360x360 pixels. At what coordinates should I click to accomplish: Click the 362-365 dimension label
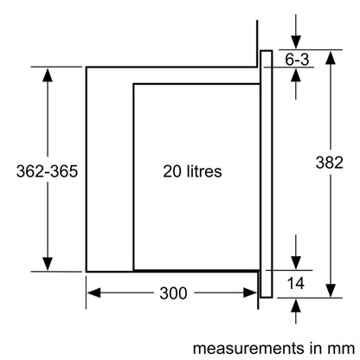(47, 171)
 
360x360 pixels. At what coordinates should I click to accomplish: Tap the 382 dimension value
(330, 163)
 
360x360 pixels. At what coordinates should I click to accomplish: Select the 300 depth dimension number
(173, 293)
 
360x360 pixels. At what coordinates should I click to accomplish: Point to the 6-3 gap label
(297, 60)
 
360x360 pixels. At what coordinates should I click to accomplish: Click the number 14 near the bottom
(296, 283)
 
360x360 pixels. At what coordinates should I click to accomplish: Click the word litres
(204, 171)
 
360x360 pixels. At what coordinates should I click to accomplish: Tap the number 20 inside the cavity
(172, 171)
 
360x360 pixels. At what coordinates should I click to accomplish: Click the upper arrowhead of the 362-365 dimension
(48, 75)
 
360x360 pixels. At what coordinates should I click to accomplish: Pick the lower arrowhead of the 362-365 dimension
(48, 264)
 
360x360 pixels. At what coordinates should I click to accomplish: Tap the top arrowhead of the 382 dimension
(331, 57)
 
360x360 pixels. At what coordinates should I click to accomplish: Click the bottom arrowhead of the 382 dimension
(331, 290)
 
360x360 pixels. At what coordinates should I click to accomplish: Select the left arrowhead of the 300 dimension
(93, 293)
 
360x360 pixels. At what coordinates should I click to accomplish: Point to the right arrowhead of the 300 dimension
(250, 293)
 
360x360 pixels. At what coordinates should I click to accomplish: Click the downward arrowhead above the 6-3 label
(296, 42)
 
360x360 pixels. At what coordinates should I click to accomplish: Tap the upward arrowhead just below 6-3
(296, 75)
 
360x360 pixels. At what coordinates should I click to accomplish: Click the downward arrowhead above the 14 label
(296, 263)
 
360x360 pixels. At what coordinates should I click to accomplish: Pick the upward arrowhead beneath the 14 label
(296, 305)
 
